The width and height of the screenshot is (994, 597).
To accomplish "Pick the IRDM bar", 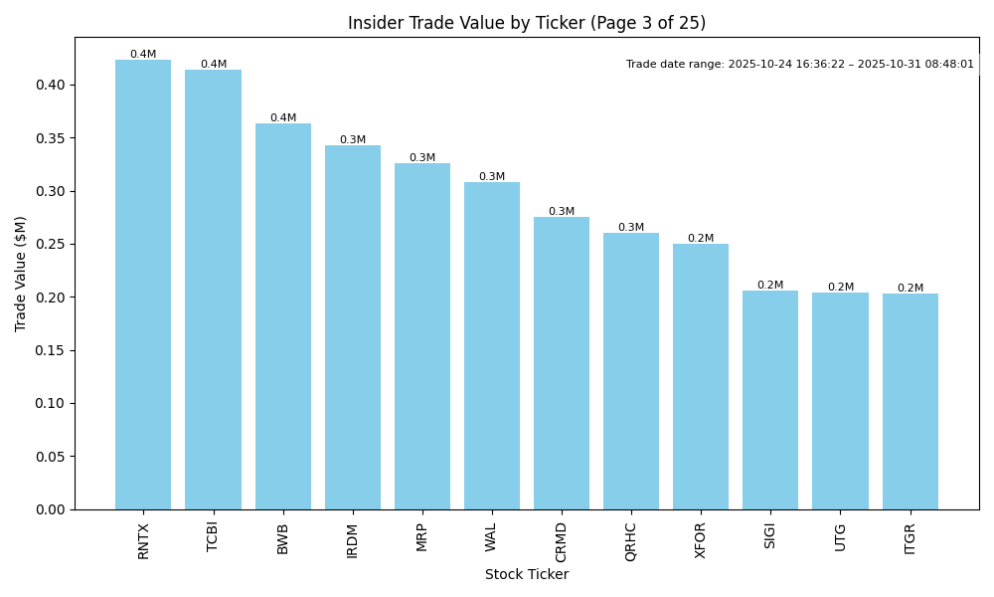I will tap(353, 327).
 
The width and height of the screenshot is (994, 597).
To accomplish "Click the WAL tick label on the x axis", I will tap(491, 537).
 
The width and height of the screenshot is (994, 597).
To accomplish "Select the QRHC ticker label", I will tap(631, 541).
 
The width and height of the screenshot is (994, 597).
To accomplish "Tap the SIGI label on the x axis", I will tap(770, 536).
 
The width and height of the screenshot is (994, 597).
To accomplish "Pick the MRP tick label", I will tap(422, 537).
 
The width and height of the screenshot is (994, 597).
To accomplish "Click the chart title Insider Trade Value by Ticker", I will tap(527, 23).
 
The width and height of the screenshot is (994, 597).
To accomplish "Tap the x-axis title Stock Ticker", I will tap(527, 574).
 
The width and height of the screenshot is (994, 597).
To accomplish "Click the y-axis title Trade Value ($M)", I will tap(21, 274).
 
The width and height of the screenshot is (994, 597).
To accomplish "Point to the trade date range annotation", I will tap(800, 65).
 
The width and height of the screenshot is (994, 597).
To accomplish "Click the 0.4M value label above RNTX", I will tap(143, 55).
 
